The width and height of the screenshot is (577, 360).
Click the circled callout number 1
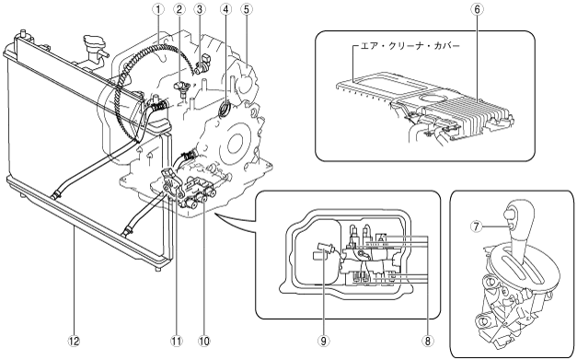158,9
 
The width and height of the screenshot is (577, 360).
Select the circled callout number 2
179,9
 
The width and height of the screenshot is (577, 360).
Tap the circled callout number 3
200,9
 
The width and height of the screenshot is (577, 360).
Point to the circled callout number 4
225,9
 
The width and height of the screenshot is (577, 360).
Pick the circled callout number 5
247,9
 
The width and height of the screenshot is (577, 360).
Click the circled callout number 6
477,9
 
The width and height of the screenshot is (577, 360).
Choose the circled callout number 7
476,226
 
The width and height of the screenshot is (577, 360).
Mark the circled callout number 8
427,341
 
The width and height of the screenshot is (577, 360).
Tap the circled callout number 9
323,341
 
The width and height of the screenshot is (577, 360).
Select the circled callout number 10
203,341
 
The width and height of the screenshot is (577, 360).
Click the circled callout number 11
177,341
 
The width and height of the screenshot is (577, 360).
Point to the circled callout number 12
74,341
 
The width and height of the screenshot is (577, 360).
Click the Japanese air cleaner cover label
410,46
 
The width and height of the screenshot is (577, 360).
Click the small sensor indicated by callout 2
182,88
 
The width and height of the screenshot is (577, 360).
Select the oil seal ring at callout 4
224,109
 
